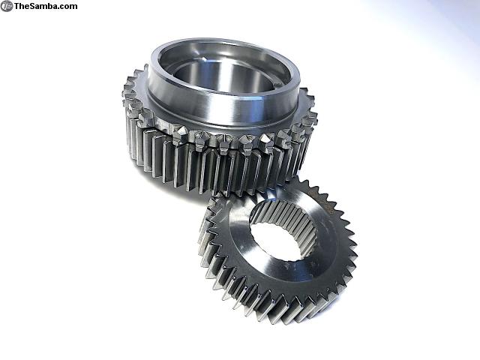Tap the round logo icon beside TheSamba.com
7,6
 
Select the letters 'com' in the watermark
69,7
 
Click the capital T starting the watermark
17,6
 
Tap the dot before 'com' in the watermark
60,8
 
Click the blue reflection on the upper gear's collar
250,106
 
